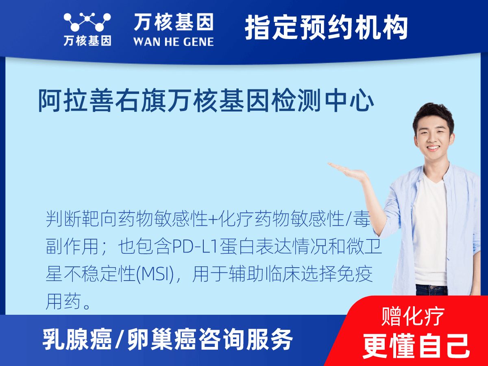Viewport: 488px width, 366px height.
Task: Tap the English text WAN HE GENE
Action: (173, 41)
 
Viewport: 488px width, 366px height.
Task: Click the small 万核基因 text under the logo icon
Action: (87, 41)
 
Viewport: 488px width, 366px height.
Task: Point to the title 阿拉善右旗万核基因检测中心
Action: (206, 101)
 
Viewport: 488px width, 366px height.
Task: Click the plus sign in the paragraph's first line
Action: (213, 220)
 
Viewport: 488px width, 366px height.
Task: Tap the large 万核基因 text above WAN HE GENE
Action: (173, 22)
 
